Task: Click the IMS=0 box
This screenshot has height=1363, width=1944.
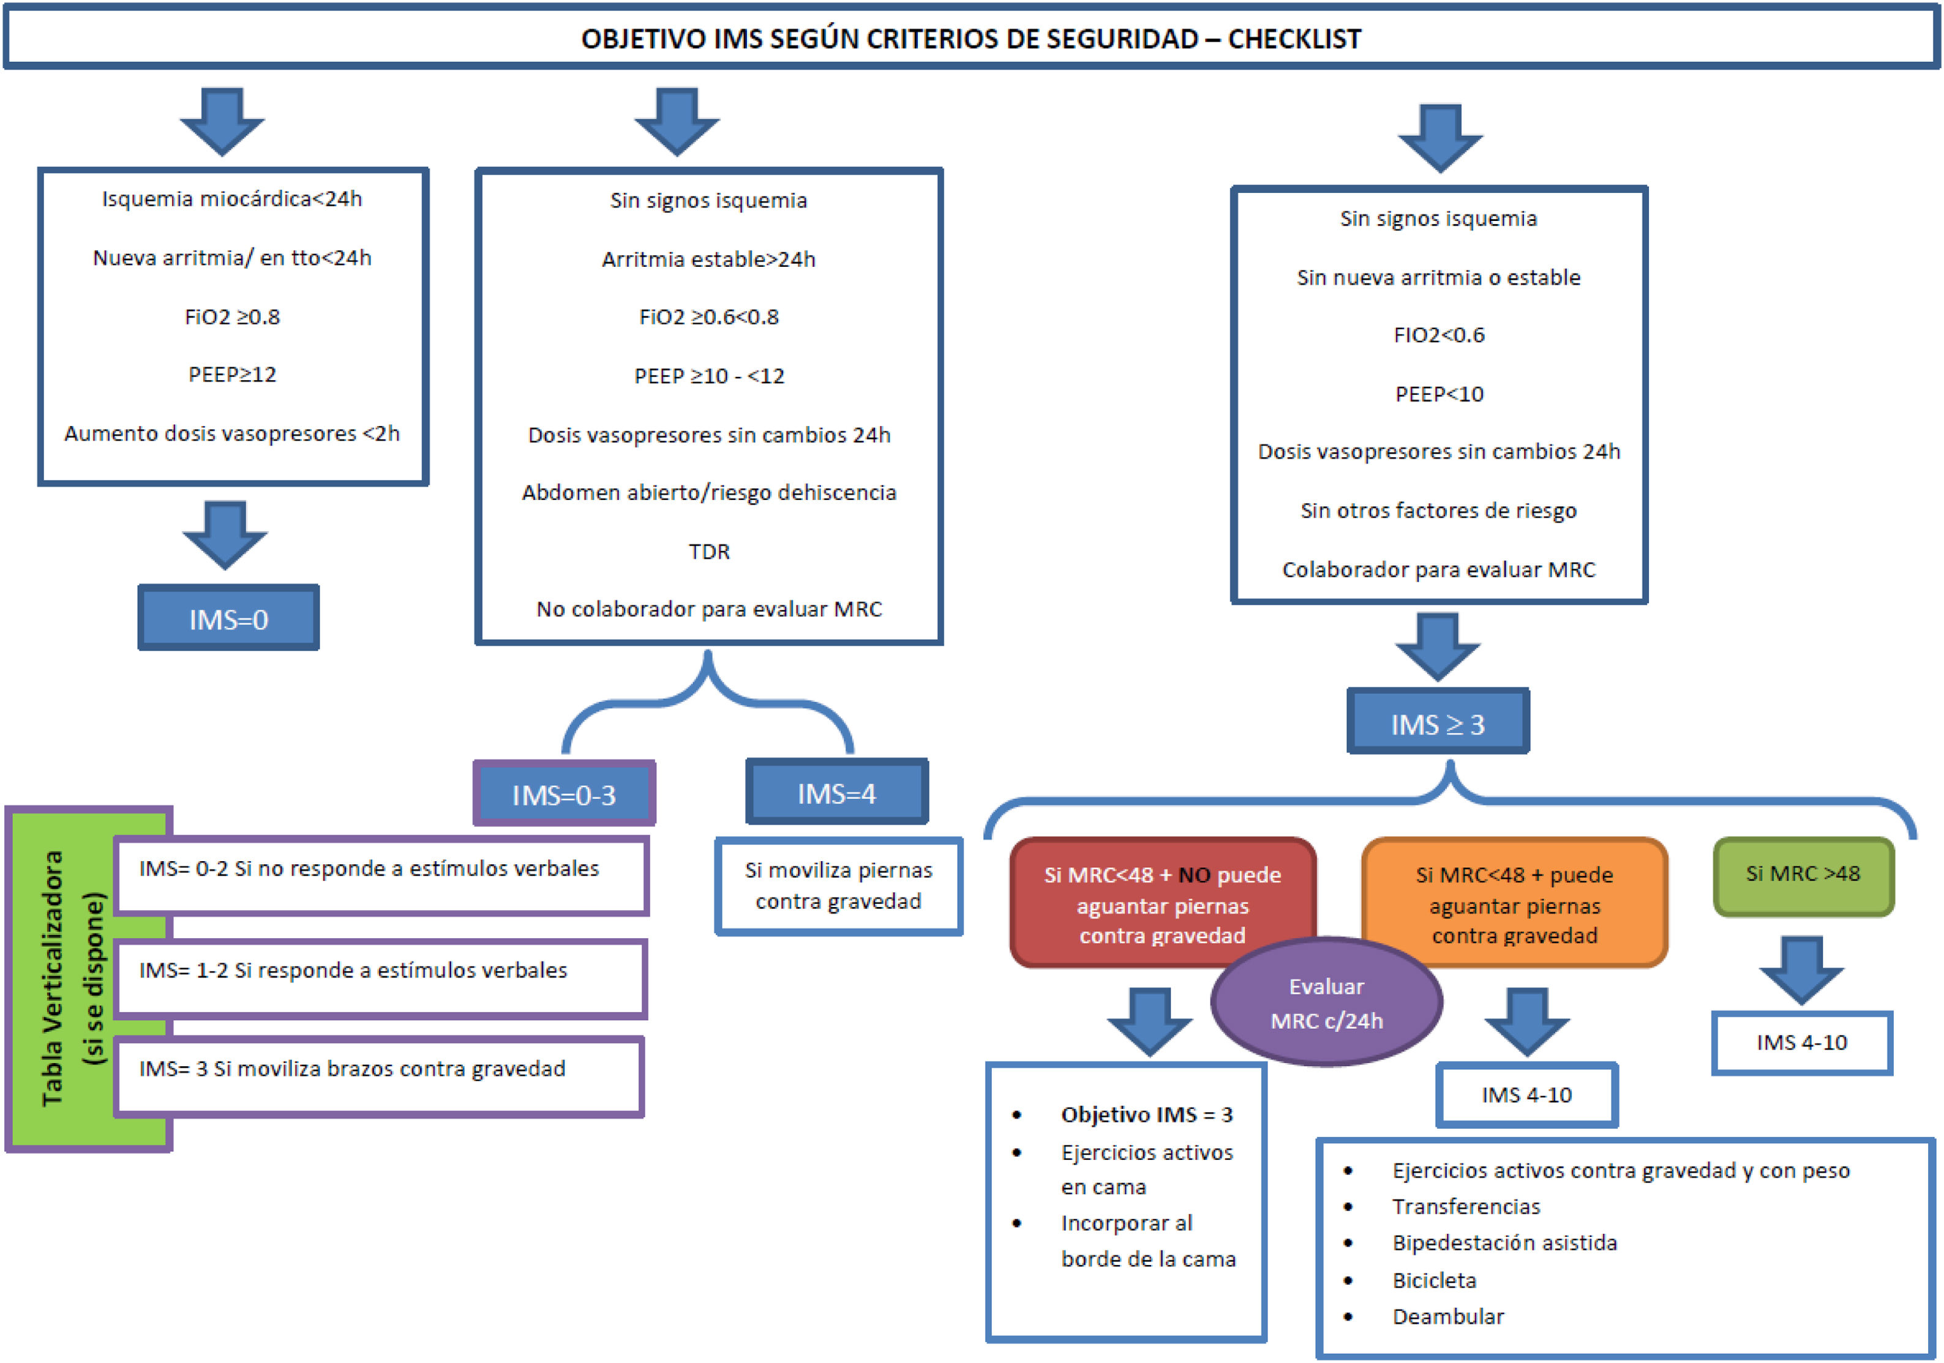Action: coord(228,619)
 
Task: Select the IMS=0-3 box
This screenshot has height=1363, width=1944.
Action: coord(564,794)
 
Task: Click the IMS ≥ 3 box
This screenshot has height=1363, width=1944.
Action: coord(1438,723)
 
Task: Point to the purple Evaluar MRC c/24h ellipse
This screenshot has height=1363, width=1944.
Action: coord(1327,1003)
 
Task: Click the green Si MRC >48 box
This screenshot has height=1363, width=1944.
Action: coord(1803,875)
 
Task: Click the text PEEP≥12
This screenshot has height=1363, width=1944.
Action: coord(232,374)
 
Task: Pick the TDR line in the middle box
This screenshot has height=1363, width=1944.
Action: coord(708,551)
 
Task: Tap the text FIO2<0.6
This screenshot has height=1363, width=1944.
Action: coord(1438,335)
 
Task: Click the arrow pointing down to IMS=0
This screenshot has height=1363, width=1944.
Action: coord(225,533)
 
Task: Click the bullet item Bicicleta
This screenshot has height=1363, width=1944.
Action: coord(1435,1280)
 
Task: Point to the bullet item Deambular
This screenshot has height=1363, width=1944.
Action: coord(1448,1316)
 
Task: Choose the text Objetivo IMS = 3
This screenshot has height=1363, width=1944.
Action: coord(1146,1114)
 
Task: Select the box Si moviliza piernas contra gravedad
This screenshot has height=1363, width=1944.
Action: coord(838,886)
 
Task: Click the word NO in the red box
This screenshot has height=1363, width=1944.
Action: coord(1194,875)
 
